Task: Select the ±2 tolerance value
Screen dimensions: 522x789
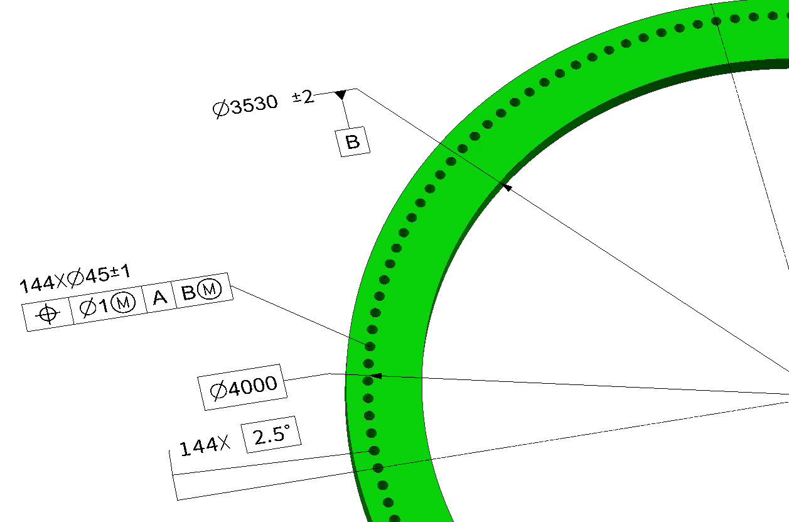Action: [303, 97]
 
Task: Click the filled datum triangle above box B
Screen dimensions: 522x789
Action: [340, 95]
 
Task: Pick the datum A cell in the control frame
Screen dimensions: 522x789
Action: [160, 296]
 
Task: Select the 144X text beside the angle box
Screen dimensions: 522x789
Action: [205, 447]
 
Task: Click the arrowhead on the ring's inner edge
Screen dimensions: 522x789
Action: [507, 187]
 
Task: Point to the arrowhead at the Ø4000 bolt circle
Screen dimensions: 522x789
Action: [375, 376]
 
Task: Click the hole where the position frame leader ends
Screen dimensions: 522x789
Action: [370, 346]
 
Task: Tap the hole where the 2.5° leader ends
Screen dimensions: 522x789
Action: [374, 450]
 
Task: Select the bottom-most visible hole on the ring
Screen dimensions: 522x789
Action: [395, 519]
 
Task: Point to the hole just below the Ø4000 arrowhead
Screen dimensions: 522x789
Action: [368, 398]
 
